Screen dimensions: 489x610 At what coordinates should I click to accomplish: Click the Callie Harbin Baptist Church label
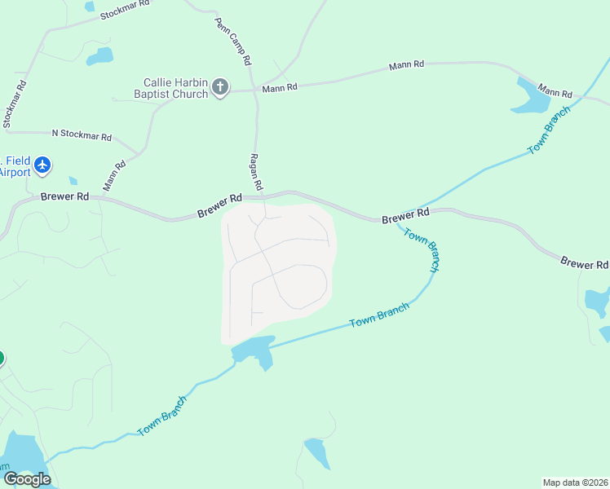(175, 87)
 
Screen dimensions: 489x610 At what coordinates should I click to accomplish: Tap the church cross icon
(220, 87)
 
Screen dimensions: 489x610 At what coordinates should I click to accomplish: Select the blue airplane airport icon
(42, 166)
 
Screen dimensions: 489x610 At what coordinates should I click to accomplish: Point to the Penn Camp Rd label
(232, 42)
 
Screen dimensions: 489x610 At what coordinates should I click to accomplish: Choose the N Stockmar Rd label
(82, 134)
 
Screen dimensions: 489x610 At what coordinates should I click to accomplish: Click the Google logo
(27, 479)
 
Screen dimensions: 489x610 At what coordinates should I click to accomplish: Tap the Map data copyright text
(576, 482)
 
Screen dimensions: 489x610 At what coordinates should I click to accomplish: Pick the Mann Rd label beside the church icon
(278, 86)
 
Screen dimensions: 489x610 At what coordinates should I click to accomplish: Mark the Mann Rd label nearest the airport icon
(115, 176)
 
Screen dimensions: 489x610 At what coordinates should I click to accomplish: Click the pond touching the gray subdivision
(254, 350)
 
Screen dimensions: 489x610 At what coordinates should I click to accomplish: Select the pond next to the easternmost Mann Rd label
(533, 97)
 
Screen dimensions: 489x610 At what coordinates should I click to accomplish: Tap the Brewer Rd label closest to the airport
(65, 197)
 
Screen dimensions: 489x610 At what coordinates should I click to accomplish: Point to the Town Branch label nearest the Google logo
(161, 415)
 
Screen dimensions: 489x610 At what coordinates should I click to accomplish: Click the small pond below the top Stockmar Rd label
(99, 56)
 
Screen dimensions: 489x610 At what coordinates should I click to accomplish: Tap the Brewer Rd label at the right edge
(584, 263)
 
